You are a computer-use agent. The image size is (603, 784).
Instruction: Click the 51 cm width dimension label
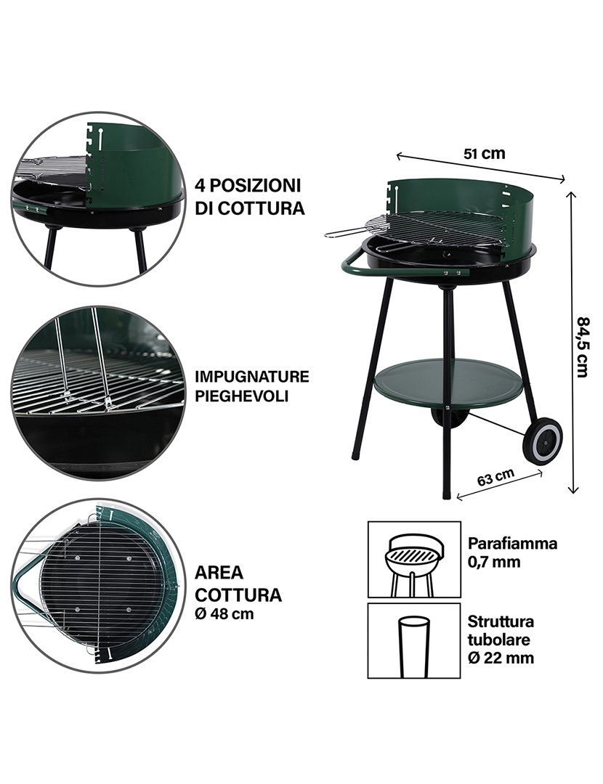tap(483, 153)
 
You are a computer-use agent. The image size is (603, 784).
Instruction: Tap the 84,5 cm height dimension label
tap(583, 346)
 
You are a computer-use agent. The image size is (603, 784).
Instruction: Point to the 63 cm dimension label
tap(496, 478)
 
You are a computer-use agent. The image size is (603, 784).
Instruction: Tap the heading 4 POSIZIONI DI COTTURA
tap(248, 196)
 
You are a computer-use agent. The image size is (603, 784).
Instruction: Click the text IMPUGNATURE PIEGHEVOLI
tap(251, 386)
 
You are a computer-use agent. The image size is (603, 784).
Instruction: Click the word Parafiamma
tap(512, 543)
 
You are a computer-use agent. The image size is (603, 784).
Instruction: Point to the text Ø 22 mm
tap(501, 658)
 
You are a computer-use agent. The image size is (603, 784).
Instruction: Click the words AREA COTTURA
tap(238, 584)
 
